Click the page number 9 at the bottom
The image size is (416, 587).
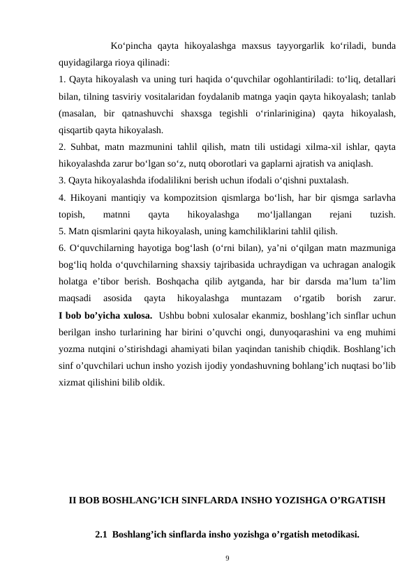208,558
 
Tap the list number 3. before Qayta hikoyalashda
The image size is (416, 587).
62,180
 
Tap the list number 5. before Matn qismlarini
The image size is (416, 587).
62,231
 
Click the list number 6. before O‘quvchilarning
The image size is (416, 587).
62,248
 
